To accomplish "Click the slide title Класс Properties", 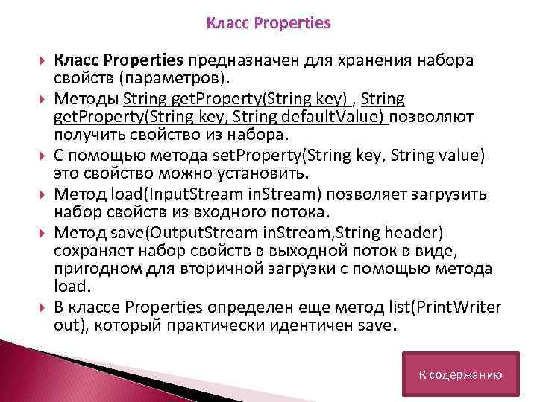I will (268, 23).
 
